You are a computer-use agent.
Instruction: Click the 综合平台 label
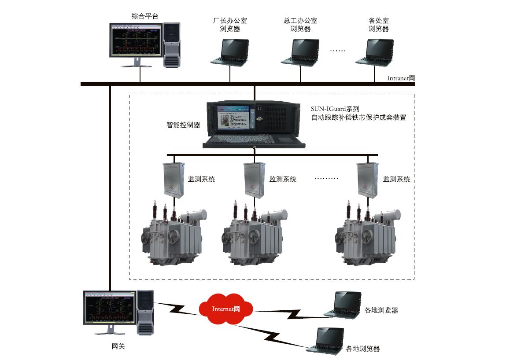click(x=144, y=16)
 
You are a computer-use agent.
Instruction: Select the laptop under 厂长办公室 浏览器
click(x=229, y=52)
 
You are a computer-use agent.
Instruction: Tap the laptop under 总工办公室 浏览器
click(x=300, y=52)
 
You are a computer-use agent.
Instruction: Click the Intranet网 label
click(x=401, y=78)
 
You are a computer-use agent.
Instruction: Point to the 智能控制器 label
click(x=183, y=125)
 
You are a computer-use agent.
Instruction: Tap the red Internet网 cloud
click(x=225, y=309)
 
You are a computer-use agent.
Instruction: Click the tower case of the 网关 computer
click(x=145, y=313)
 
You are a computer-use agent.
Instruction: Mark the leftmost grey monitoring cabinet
click(x=173, y=179)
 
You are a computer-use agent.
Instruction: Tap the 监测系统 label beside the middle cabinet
click(x=283, y=179)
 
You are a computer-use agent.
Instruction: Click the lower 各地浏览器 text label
click(x=363, y=349)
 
